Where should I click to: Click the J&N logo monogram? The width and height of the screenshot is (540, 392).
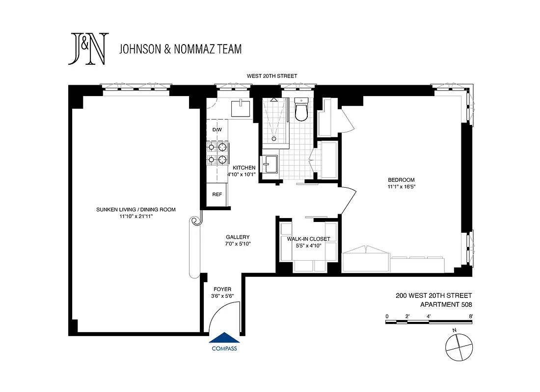coord(88,49)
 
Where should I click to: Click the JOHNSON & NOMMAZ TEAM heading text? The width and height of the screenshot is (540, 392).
coord(180,49)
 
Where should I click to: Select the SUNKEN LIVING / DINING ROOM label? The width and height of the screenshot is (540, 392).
coord(136,210)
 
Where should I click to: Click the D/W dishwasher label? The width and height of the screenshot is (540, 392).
coord(217,130)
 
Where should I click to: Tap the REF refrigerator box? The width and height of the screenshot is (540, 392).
coord(217,194)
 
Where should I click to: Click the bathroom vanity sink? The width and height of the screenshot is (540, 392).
coord(270,165)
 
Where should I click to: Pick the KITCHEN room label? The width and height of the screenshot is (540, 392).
coord(244,168)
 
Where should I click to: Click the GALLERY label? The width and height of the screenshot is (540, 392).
coord(238,237)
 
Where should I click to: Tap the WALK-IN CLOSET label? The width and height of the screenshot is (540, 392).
coord(308,239)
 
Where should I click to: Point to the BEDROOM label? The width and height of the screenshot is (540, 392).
coord(402,179)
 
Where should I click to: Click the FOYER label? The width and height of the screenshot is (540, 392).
coord(222,289)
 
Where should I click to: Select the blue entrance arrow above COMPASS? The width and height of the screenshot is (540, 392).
coord(224,338)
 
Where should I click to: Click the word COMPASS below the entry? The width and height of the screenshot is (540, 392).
coord(224,349)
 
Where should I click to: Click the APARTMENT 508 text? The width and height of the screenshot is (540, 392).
coord(446,304)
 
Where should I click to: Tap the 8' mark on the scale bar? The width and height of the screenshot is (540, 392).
coord(471,316)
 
